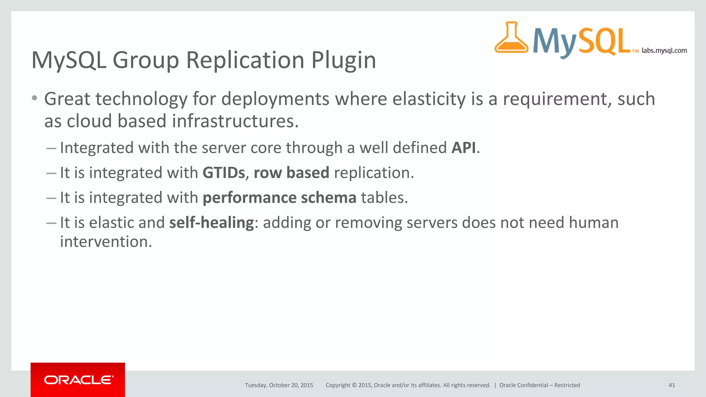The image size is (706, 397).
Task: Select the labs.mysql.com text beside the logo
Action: tap(664, 51)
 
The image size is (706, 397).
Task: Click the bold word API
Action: tap(464, 148)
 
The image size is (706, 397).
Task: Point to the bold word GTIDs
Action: tap(224, 173)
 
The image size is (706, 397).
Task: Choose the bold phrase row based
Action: tap(291, 173)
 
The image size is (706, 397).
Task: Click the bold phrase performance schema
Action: tap(279, 198)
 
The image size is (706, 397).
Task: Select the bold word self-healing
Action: tap(212, 223)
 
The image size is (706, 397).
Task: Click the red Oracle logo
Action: tap(78, 380)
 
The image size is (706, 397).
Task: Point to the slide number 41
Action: tap(672, 385)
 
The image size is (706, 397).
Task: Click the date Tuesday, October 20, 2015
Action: tap(279, 385)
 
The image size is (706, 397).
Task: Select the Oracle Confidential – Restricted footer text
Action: tap(539, 385)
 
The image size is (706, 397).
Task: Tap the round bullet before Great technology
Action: tap(34, 99)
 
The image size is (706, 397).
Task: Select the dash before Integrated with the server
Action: tap(51, 148)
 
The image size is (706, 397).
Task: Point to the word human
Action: tap(594, 223)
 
